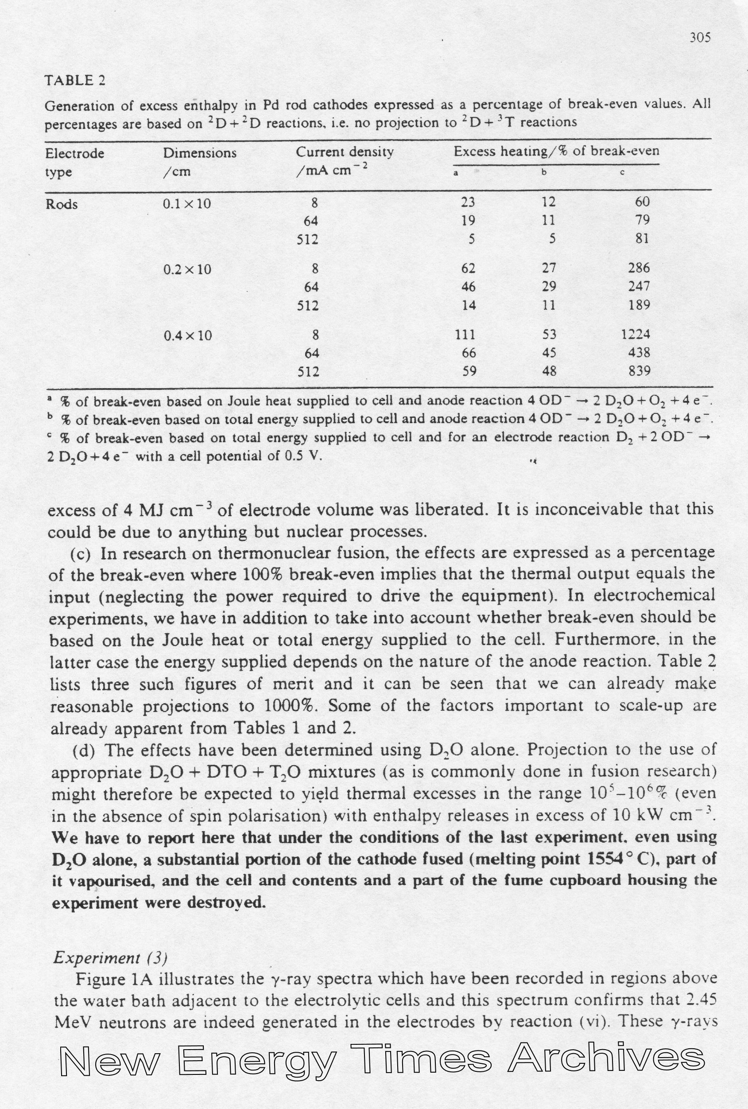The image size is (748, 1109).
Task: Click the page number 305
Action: (700, 38)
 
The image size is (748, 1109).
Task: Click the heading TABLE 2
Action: (75, 80)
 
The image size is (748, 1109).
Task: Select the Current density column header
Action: (345, 152)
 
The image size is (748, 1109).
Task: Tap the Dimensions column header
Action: (199, 153)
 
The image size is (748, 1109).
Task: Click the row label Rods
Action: (62, 204)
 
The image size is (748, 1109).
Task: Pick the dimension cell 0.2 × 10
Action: (187, 270)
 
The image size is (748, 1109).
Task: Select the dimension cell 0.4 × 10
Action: (187, 336)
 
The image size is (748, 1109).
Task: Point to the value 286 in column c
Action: (639, 268)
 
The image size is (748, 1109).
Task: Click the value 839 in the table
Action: (639, 371)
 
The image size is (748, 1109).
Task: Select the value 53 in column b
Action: (549, 335)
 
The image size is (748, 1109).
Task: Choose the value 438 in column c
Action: (639, 353)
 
